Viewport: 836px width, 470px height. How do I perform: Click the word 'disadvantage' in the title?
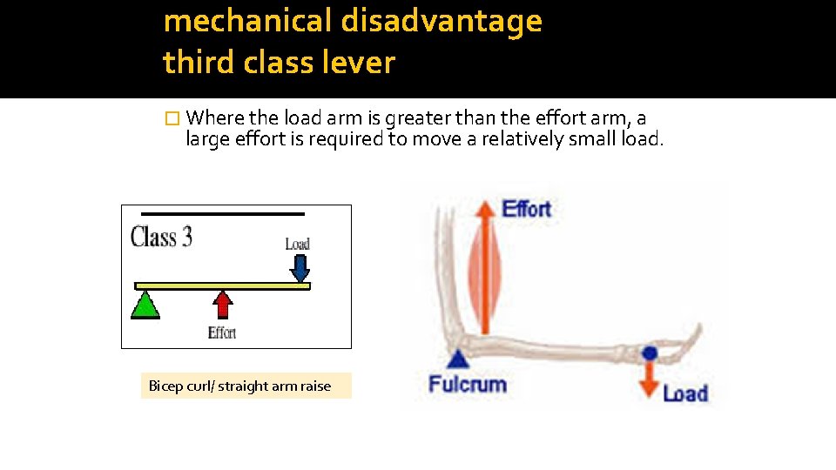coord(441,21)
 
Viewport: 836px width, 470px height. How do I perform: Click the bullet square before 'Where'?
coord(171,118)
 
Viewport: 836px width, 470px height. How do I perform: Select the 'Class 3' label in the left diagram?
coord(161,238)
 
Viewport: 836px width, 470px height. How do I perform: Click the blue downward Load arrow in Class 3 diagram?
coord(300,267)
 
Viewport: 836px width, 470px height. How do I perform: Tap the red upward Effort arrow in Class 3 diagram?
coord(223,304)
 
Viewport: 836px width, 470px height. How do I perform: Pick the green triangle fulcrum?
coord(145,305)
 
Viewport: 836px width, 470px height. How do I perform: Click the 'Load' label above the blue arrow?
coord(298,244)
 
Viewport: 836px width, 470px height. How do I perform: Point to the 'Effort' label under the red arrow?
coord(222,332)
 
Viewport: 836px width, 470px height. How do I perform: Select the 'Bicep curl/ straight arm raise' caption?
coord(240,386)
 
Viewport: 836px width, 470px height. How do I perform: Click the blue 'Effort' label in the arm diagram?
coord(527,209)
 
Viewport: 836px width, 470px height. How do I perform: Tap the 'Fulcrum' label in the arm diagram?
coord(468,383)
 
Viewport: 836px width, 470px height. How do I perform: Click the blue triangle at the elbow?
coord(459,357)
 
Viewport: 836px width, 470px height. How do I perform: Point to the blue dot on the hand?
coord(649,352)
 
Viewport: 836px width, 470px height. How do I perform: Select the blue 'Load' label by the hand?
coord(684,393)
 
